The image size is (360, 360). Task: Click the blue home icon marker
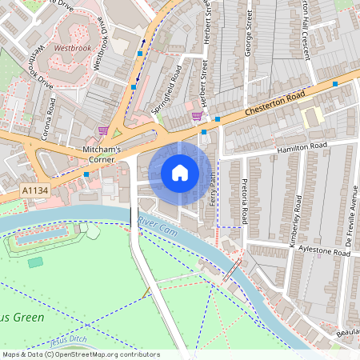180,173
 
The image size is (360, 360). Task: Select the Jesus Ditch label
67,341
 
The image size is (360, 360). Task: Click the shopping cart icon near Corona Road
102,130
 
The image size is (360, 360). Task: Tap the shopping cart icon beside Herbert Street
197,116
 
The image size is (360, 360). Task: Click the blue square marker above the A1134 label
86,174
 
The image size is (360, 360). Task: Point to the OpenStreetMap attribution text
80,354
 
